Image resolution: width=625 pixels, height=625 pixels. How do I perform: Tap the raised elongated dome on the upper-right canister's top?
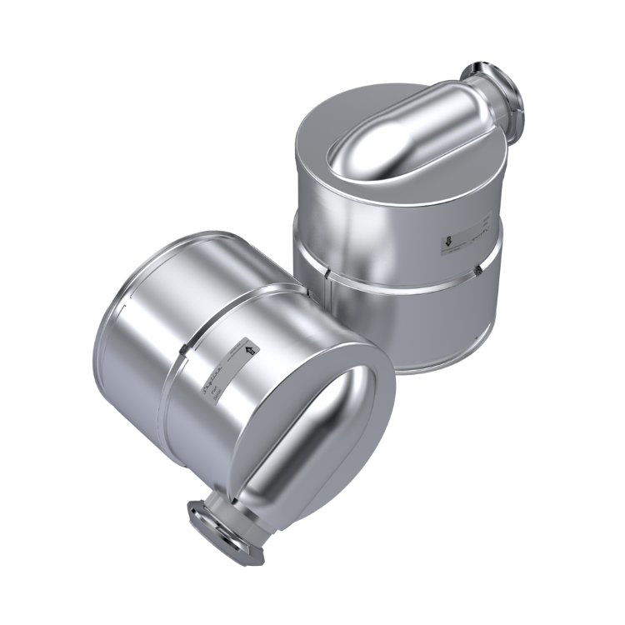click(392, 142)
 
